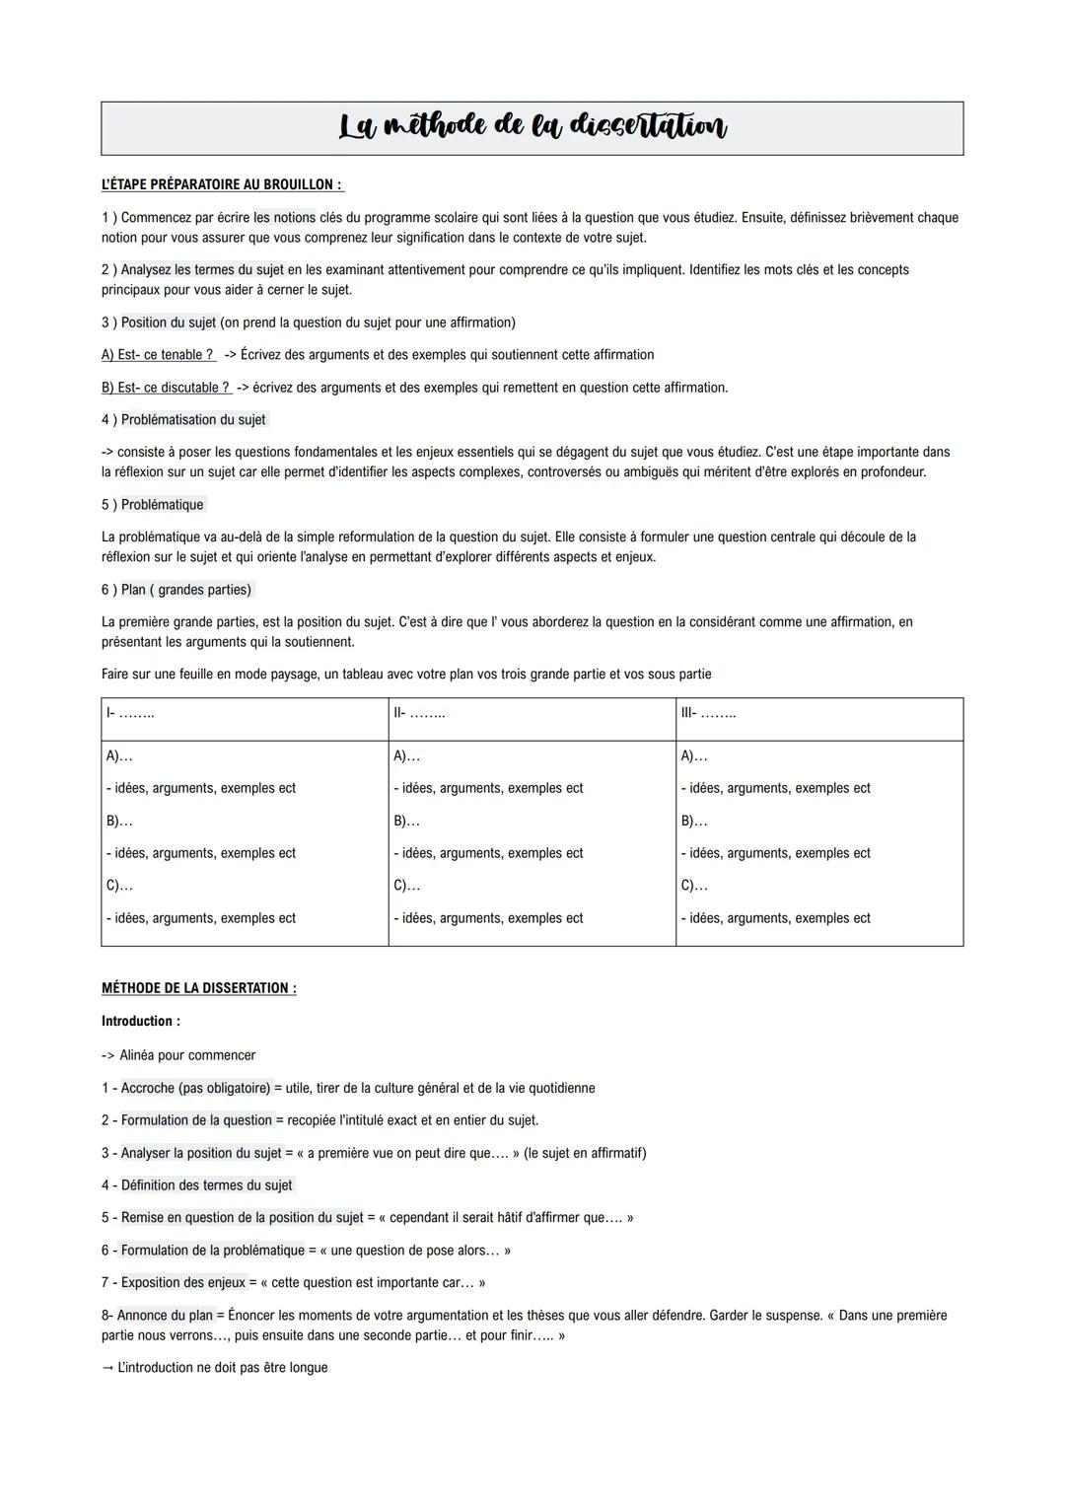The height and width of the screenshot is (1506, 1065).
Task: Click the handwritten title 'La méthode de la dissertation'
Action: click(x=532, y=127)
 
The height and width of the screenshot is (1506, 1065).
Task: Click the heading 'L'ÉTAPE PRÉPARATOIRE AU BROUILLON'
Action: click(x=222, y=184)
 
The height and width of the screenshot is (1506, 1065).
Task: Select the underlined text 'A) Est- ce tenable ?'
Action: click(x=158, y=355)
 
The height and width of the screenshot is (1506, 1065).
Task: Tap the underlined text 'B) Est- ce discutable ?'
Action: click(x=166, y=388)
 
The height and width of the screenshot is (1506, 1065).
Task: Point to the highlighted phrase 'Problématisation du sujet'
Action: click(x=193, y=420)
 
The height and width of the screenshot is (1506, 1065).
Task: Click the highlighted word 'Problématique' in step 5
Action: click(x=162, y=505)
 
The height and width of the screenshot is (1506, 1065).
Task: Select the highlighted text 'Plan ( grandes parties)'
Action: click(x=186, y=590)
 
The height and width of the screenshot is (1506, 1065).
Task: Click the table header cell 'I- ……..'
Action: click(x=130, y=713)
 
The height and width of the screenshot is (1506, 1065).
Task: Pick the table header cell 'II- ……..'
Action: click(x=419, y=713)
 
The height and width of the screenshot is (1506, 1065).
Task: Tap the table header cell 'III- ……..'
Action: click(x=708, y=713)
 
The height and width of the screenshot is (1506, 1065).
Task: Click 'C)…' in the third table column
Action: click(x=694, y=886)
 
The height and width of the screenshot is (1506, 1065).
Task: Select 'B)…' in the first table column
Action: click(x=119, y=821)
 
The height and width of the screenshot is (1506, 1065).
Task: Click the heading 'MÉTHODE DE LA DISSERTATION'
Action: click(x=198, y=988)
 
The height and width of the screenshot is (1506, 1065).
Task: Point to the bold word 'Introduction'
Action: click(x=140, y=1022)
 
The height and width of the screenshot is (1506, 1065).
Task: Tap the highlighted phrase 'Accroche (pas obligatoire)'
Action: click(x=195, y=1089)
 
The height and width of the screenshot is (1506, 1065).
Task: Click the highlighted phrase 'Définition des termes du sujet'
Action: click(x=206, y=1185)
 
